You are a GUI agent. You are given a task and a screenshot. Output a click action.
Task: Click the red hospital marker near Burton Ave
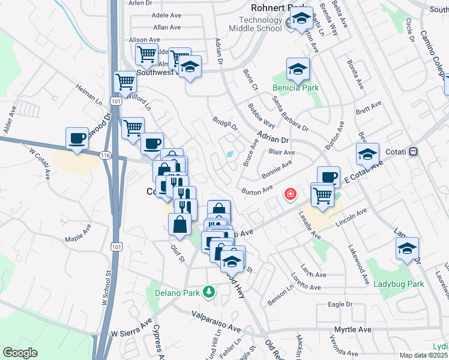290,194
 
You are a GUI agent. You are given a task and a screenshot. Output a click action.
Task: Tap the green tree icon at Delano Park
209,292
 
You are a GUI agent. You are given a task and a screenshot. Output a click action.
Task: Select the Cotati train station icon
413,152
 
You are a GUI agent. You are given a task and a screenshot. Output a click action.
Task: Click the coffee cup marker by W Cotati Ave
77,137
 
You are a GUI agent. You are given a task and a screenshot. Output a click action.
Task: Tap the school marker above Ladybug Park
407,248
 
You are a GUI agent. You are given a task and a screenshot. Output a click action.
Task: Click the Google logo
20,353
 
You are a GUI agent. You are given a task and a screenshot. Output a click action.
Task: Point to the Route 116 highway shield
106,155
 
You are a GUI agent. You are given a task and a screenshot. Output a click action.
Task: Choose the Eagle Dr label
340,305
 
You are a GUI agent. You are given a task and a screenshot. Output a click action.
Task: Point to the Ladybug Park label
399,284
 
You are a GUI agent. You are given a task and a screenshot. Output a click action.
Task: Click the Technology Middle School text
256,25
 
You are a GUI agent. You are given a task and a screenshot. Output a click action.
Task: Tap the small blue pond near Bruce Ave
230,154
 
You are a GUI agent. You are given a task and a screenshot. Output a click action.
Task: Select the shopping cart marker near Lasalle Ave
323,194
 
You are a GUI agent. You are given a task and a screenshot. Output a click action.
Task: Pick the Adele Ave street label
166,15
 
